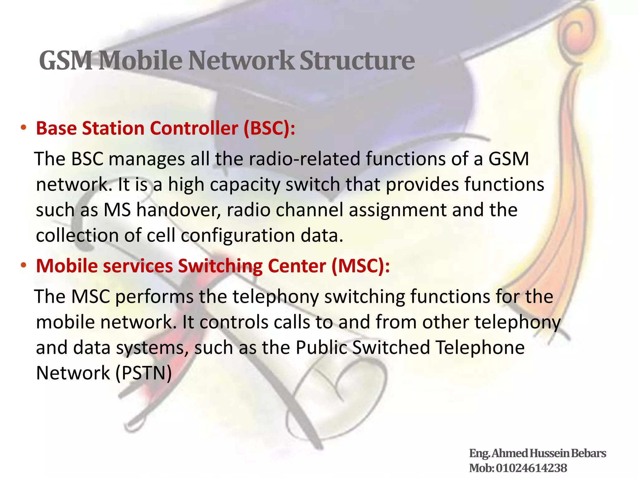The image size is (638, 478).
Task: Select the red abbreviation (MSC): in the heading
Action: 360,266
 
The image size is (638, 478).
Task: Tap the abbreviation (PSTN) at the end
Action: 144,373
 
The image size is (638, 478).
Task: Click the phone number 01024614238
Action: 531,468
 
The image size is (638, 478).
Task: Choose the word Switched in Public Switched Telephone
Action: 391,347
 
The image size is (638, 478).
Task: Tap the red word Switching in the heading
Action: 220,266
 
